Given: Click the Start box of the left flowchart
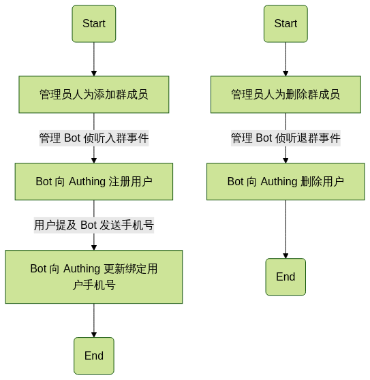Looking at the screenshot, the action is (94, 24).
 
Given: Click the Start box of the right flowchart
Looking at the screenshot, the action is (286, 24).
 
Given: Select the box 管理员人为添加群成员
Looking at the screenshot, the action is (94, 95).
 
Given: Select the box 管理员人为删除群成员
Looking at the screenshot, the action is (286, 95).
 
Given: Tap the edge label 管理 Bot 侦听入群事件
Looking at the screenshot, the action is (94, 138).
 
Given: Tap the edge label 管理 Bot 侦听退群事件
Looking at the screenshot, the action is (286, 138).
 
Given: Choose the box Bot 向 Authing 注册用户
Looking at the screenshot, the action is (94, 182).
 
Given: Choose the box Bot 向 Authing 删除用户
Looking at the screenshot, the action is (286, 182).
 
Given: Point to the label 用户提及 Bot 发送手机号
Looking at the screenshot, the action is (94, 225).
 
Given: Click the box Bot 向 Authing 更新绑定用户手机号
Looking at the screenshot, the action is (94, 276).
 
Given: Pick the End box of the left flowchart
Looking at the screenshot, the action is (94, 355).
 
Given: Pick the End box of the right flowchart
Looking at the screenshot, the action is (286, 276).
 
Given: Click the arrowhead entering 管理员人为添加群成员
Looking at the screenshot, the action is (94, 74).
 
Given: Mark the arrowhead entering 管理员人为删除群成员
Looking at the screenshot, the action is (286, 74).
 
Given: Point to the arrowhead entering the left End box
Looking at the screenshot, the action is (94, 334).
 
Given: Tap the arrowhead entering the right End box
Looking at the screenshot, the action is (286, 255).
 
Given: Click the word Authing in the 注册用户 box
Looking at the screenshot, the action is (87, 182).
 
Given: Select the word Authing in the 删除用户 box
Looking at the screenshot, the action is (279, 182).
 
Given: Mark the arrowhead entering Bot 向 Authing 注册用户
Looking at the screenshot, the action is (94, 161).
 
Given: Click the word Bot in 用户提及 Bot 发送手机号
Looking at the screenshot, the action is (89, 225).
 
